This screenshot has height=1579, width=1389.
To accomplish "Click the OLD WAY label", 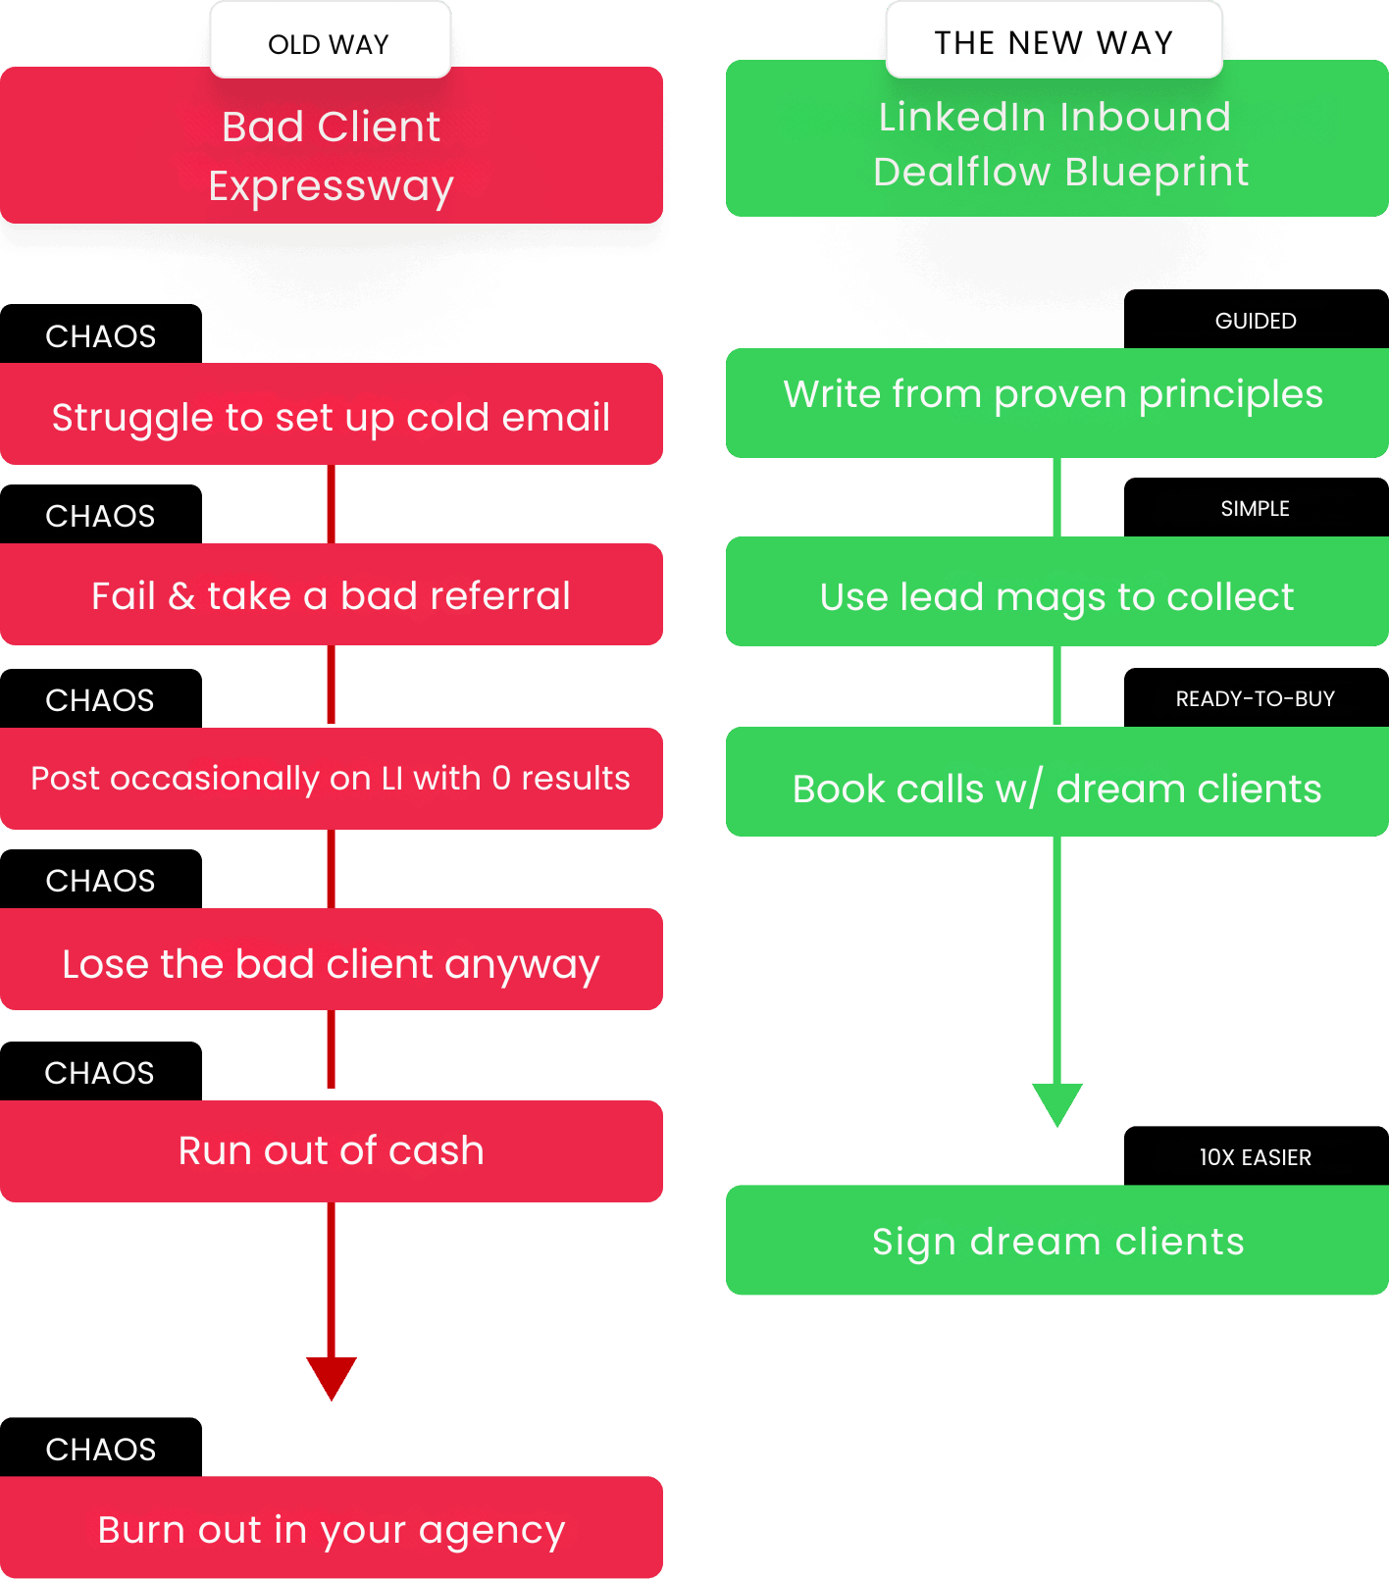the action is click(x=330, y=41).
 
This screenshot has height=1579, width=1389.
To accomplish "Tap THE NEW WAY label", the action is click(x=1054, y=41).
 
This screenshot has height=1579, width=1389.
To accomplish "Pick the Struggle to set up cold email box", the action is click(x=332, y=414).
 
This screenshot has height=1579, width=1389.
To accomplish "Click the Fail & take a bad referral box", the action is click(x=332, y=594).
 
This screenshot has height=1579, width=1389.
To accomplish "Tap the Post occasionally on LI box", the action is click(x=332, y=779).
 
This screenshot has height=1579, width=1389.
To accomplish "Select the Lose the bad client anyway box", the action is click(x=332, y=959).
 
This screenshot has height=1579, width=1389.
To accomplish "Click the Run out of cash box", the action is click(x=332, y=1151).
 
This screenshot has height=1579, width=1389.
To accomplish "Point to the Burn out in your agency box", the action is click(x=332, y=1527).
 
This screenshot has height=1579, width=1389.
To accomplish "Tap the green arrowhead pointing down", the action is click(x=1057, y=1104).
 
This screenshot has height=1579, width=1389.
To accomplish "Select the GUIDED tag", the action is click(x=1257, y=320).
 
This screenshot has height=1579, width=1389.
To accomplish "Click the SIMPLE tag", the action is click(x=1257, y=508).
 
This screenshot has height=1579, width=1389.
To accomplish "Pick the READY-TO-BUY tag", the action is click(x=1257, y=698).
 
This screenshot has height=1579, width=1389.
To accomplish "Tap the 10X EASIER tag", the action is click(x=1257, y=1156).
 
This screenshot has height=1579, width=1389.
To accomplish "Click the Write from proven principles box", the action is click(x=1057, y=403).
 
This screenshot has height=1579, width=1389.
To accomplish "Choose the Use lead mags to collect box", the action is click(x=1057, y=591).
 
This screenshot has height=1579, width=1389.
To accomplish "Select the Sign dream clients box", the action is click(x=1057, y=1240).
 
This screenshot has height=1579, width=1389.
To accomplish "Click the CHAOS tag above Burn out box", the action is click(x=101, y=1448).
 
